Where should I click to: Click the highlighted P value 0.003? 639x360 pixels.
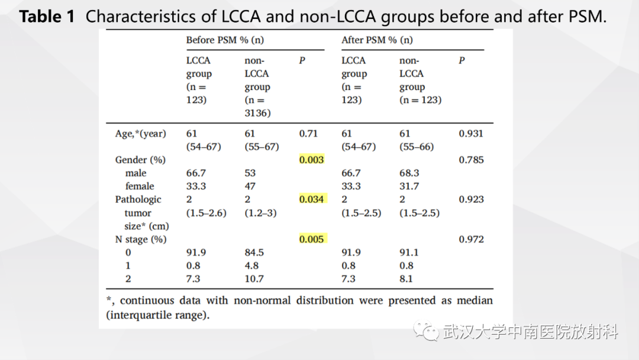pyautogui.click(x=312, y=159)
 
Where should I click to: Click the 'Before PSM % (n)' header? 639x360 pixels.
pyautogui.click(x=225, y=40)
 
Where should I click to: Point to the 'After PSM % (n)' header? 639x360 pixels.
pyautogui.click(x=377, y=40)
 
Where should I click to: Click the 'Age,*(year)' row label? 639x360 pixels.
pyautogui.click(x=141, y=134)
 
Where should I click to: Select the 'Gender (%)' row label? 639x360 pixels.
pyautogui.click(x=140, y=160)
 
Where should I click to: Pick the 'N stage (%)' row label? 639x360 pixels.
pyautogui.click(x=141, y=239)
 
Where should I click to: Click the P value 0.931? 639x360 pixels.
pyautogui.click(x=471, y=133)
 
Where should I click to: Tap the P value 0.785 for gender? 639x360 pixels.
pyautogui.click(x=471, y=159)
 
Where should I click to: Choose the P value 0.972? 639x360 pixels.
pyautogui.click(x=471, y=239)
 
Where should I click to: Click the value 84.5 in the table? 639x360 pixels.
pyautogui.click(x=254, y=252)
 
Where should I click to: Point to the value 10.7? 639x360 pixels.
pyautogui.click(x=254, y=279)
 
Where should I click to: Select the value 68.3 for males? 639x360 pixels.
pyautogui.click(x=409, y=173)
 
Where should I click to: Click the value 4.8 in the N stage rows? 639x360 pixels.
pyautogui.click(x=251, y=265)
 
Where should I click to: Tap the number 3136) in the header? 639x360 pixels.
pyautogui.click(x=257, y=113)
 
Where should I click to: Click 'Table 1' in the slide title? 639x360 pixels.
pyautogui.click(x=47, y=17)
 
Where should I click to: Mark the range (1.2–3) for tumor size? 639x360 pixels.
pyautogui.click(x=260, y=213)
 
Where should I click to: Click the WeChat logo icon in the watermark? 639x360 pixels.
pyautogui.click(x=426, y=330)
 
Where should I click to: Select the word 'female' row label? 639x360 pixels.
pyautogui.click(x=140, y=186)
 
